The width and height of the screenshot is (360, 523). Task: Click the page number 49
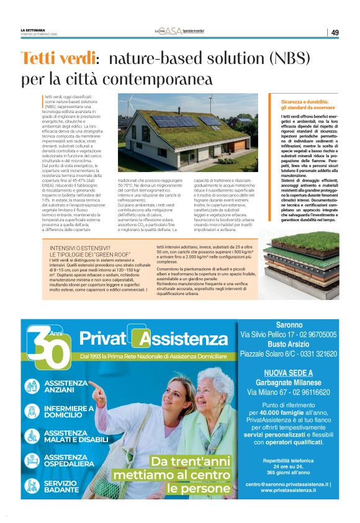coord(335,32)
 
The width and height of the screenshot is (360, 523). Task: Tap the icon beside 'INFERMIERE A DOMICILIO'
coord(32,412)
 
